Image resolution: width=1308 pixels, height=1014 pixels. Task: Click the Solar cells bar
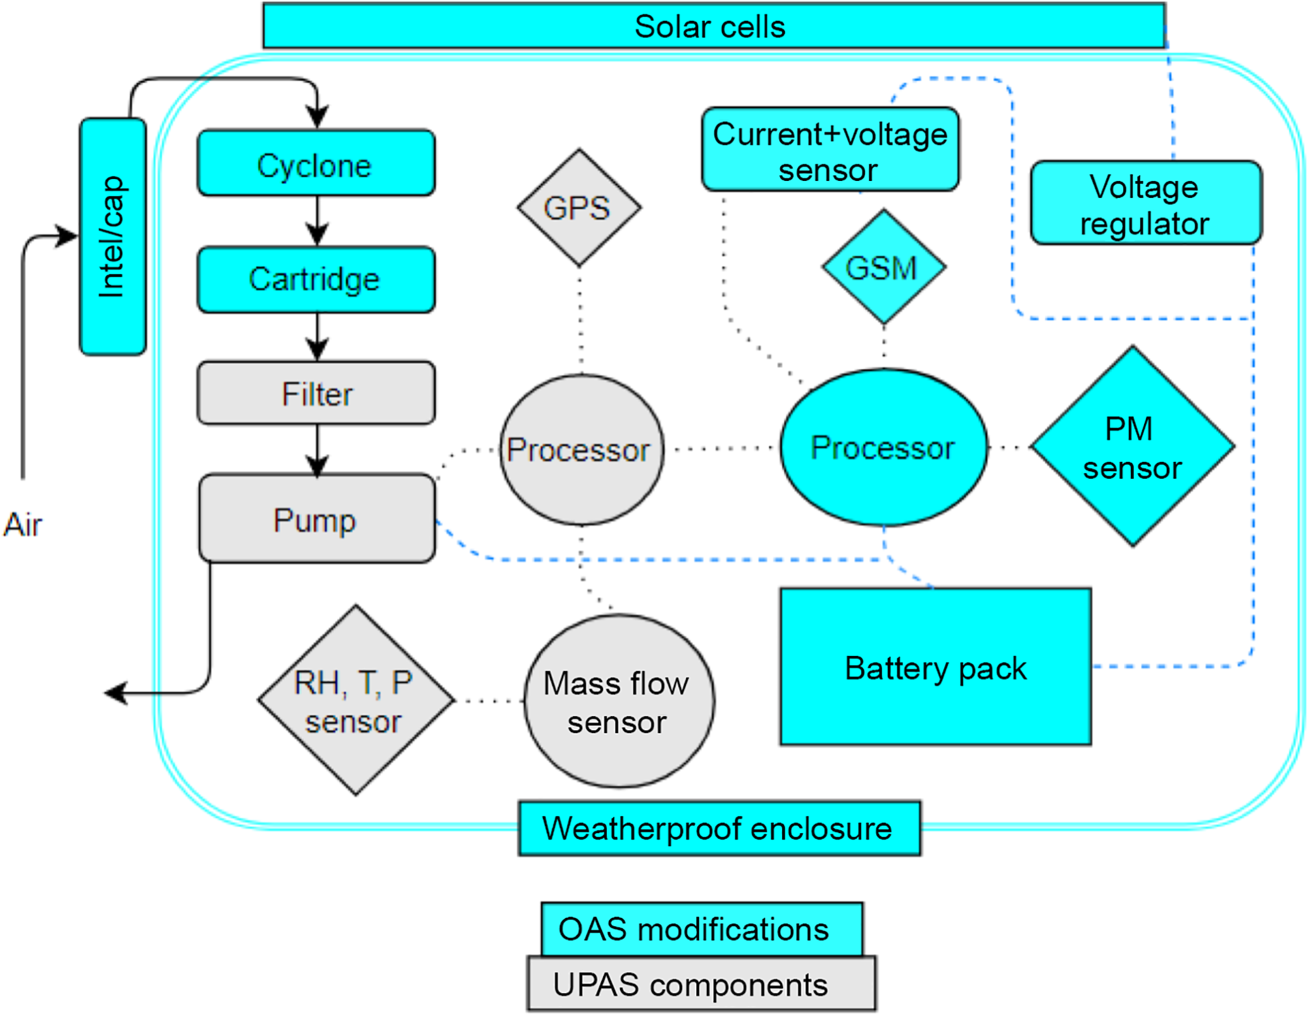coord(714,27)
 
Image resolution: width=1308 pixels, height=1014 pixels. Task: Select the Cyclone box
coord(316,164)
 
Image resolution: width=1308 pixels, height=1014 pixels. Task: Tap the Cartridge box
coord(316,280)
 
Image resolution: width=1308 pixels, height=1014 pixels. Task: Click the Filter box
coord(316,393)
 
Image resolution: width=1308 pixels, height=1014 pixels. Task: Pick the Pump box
coord(316,519)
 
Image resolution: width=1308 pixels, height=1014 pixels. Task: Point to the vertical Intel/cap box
coord(113,237)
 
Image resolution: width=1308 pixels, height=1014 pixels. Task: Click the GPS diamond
coord(578,207)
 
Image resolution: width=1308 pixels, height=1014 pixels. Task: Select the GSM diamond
coord(883,267)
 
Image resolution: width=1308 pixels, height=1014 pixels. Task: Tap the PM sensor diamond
coord(1132,447)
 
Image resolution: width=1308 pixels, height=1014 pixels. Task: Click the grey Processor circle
coord(581,450)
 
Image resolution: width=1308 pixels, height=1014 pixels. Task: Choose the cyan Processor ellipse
coord(883,448)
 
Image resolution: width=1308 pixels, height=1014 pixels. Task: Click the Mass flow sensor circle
coord(619,702)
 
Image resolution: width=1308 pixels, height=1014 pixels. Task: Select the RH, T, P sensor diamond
coord(356,701)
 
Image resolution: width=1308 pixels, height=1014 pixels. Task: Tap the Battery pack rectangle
coord(935,667)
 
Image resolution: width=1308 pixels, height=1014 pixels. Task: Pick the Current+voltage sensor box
coord(830,150)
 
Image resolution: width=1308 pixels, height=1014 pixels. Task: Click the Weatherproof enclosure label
coord(719,829)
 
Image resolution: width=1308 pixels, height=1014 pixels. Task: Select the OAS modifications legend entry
coord(701,929)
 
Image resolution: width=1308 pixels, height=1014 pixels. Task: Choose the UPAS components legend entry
coord(701,984)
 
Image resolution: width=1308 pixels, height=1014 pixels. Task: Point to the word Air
coord(23,525)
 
